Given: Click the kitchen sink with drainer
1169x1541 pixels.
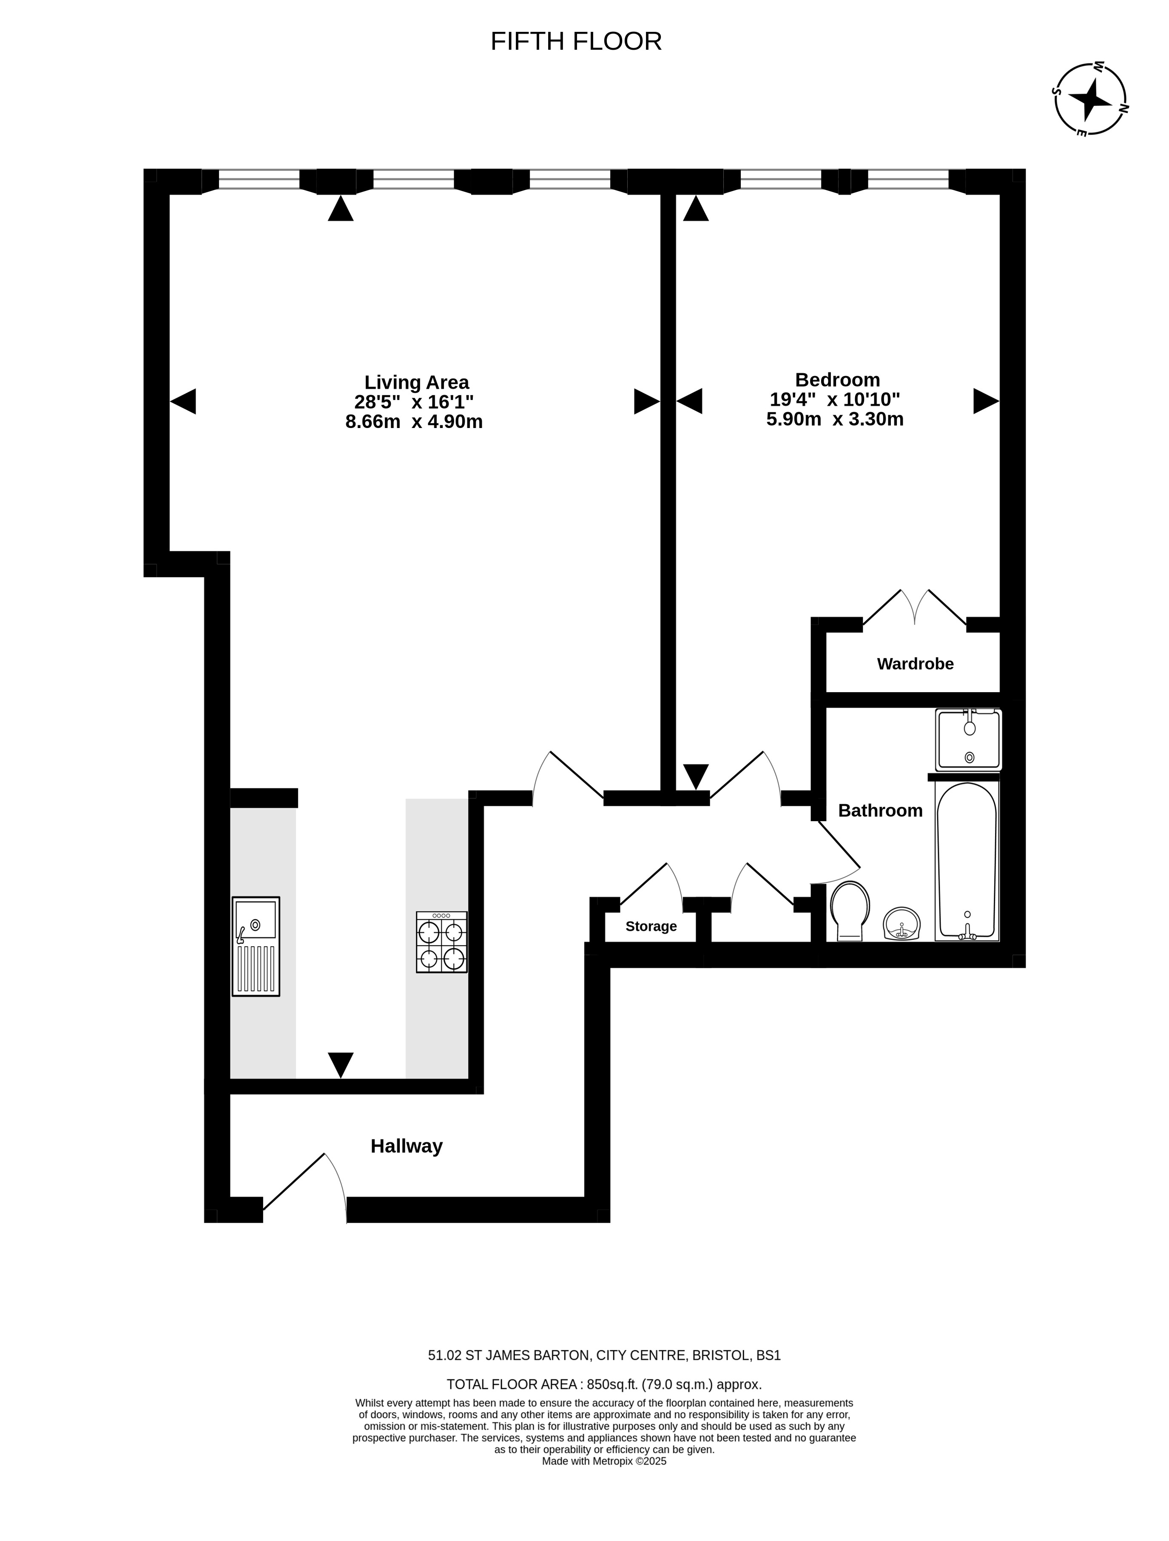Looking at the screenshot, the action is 256,946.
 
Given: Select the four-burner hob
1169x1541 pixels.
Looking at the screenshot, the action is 441,942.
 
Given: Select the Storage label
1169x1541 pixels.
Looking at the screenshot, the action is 651,927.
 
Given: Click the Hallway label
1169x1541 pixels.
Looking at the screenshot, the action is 407,1146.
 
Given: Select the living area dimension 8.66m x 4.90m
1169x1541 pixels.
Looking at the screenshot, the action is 414,422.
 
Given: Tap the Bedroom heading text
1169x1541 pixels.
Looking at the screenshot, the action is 838,380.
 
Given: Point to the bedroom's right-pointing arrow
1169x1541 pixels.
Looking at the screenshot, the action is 986,401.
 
